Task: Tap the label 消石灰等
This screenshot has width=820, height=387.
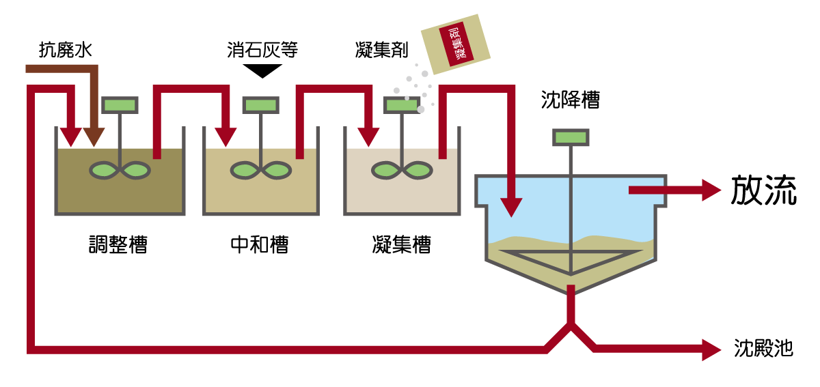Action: click(262, 49)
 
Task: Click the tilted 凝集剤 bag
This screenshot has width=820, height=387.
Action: click(456, 45)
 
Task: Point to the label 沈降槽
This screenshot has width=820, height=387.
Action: click(570, 101)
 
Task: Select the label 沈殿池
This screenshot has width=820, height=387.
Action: click(763, 348)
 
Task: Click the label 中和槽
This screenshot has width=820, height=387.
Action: click(260, 244)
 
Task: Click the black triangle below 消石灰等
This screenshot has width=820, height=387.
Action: click(262, 70)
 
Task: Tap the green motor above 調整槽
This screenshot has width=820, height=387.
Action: click(120, 104)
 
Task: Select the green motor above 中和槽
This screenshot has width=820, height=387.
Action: click(261, 104)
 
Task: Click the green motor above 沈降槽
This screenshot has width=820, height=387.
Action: click(571, 137)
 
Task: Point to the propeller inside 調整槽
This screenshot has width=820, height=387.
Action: click(120, 170)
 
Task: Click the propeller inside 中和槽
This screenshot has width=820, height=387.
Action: click(261, 170)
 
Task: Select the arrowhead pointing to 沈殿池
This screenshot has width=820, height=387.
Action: click(711, 349)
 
